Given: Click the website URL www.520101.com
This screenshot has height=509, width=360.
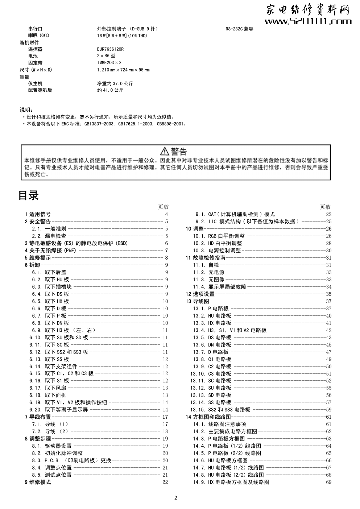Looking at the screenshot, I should pyautogui.click(x=308, y=22).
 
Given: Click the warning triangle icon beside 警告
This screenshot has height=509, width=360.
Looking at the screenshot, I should pyautogui.click(x=165, y=151).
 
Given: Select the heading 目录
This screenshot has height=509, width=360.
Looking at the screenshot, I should pyautogui.click(x=29, y=195).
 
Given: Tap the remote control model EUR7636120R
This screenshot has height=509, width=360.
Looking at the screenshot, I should pyautogui.click(x=110, y=49).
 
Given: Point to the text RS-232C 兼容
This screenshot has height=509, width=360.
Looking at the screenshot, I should pyautogui.click(x=239, y=29).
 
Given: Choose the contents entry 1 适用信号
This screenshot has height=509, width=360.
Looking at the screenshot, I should pyautogui.click(x=38, y=214).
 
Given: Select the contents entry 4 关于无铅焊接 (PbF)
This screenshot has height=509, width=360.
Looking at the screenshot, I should pyautogui.click(x=51, y=251).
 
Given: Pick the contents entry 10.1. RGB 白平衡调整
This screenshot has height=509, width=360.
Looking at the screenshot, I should pyautogui.click(x=219, y=236).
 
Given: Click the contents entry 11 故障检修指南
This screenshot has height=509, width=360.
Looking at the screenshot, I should pyautogui.click(x=206, y=258).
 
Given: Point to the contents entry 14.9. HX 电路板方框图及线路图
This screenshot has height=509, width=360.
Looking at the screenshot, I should pyautogui.click(x=231, y=482).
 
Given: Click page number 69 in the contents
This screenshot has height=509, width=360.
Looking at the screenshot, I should pyautogui.click(x=328, y=482).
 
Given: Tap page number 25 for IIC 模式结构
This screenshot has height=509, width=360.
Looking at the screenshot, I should pyautogui.click(x=328, y=222).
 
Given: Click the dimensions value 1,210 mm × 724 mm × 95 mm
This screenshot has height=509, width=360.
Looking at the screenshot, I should pyautogui.click(x=123, y=70).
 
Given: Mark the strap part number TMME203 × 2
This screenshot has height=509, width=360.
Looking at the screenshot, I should pyautogui.click(x=109, y=63).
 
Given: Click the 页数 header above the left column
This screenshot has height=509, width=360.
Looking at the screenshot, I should pyautogui.click(x=164, y=207).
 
